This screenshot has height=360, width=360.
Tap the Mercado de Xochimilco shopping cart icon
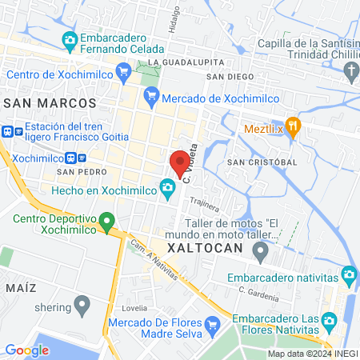151,98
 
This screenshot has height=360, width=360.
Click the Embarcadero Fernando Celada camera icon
70,39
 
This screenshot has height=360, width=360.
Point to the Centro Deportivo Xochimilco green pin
109,218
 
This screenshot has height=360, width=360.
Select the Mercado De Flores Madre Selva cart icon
212,324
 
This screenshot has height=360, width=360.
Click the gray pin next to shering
82,305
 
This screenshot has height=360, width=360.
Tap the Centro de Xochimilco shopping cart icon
123,74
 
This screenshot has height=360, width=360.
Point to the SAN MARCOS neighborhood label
50,103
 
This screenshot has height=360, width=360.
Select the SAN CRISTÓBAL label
262,162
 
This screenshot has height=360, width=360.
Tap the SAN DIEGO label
225,76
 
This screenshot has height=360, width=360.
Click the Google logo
27,350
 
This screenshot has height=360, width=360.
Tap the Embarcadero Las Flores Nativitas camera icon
328,323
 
